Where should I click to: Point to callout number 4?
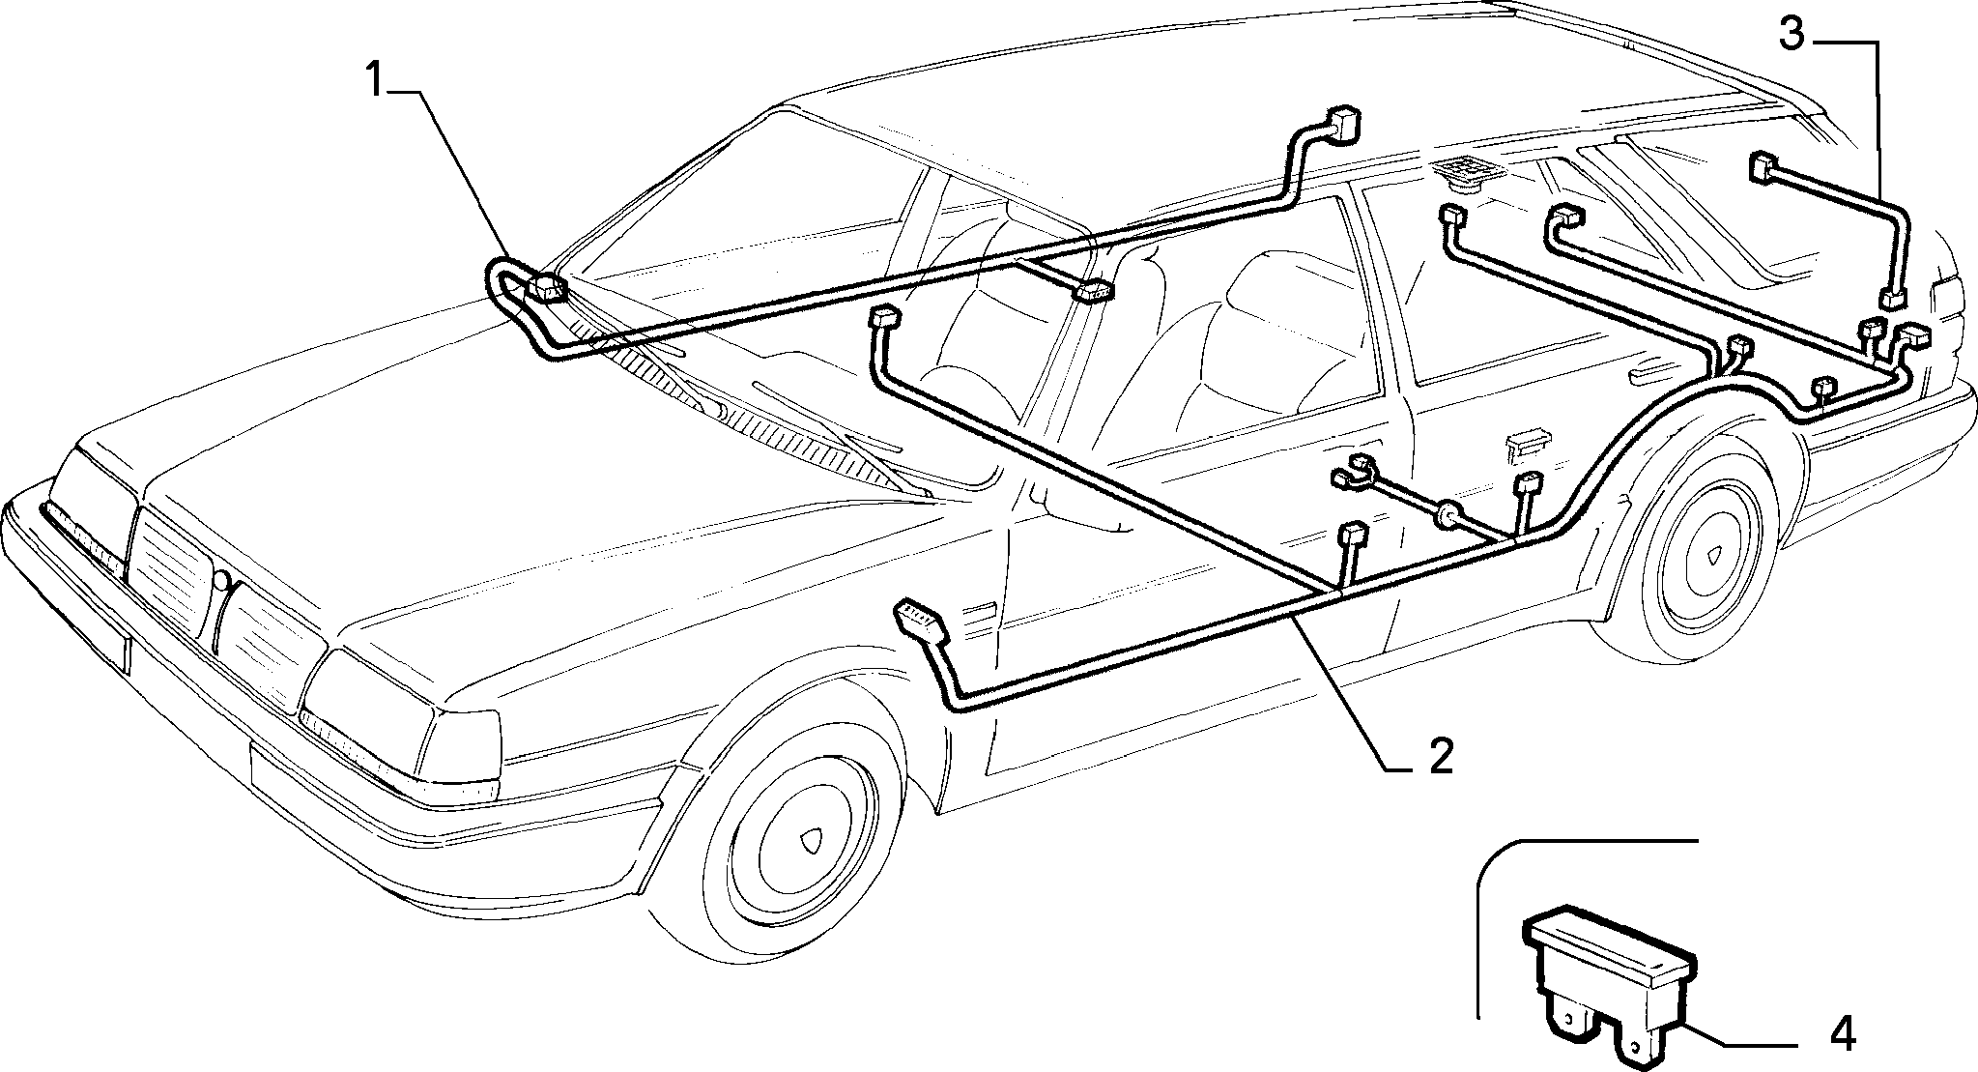[x=1843, y=1035]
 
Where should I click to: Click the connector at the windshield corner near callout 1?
[x=548, y=287]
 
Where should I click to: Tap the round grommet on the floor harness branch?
[x=1448, y=517]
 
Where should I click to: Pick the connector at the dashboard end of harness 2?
[x=886, y=316]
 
